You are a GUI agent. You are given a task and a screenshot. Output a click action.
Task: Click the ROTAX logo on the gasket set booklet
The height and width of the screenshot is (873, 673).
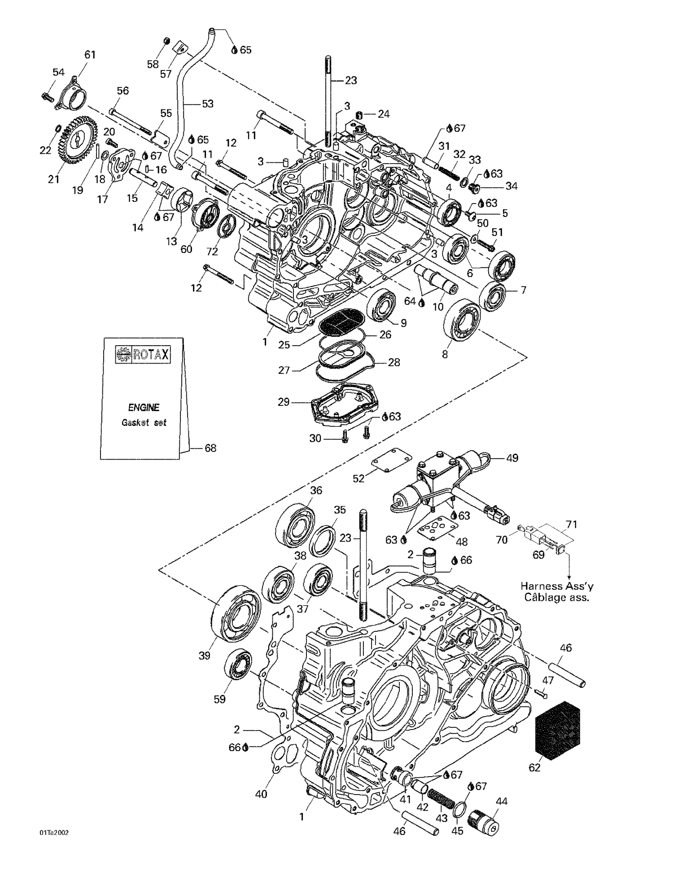coord(143,355)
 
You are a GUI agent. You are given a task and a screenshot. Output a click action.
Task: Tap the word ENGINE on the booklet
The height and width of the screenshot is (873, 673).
coord(144,408)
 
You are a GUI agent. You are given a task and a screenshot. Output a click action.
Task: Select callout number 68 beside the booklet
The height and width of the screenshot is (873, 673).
coord(210,448)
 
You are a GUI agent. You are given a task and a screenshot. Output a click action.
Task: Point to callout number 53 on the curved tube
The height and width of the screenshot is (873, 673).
coord(207,104)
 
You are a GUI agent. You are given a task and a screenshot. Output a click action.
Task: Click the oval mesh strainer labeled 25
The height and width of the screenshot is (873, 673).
coord(342,321)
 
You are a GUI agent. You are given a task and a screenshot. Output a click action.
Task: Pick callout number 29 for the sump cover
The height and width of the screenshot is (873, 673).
coord(284,402)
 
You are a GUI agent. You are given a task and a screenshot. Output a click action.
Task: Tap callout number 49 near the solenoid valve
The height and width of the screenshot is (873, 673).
coord(512,458)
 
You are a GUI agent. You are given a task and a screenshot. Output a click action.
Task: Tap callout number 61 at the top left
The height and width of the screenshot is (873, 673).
coord(90,55)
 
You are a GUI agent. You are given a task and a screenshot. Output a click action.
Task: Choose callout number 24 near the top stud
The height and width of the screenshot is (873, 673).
coord(383,114)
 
